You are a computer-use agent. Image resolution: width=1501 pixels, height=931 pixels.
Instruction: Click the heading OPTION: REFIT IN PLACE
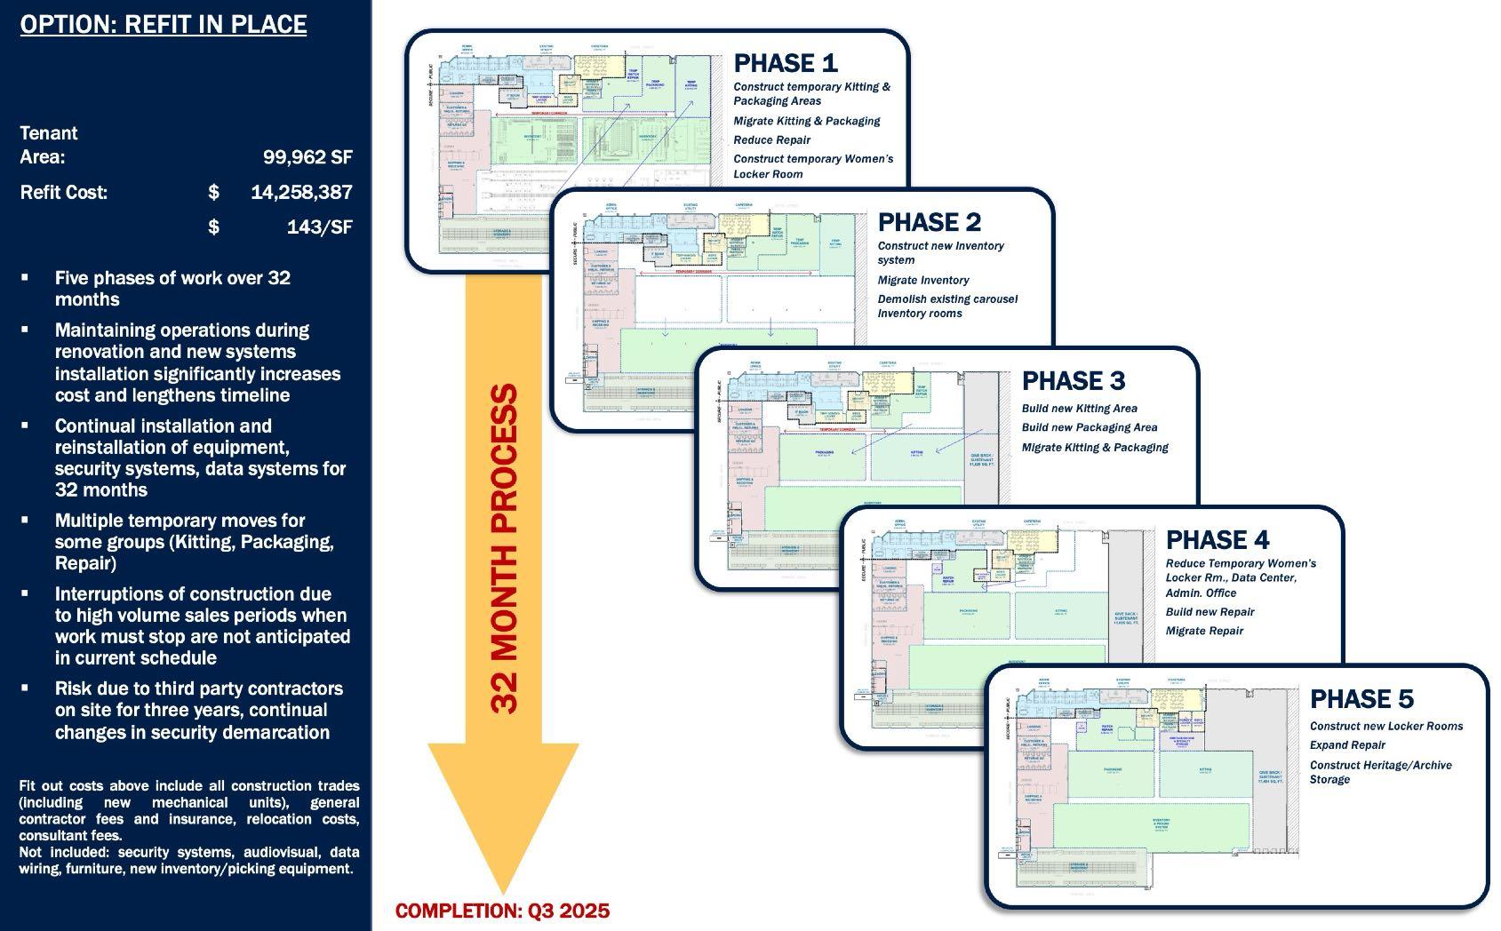(164, 24)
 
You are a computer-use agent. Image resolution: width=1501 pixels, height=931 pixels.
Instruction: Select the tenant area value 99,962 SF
(307, 157)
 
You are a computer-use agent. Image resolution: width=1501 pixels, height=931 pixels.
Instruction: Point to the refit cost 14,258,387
(301, 192)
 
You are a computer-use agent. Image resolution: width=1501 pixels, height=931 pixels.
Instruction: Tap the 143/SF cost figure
(319, 227)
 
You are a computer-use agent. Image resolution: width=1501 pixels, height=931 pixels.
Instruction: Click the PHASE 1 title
(786, 63)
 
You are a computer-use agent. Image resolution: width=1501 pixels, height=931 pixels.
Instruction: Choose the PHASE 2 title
(930, 222)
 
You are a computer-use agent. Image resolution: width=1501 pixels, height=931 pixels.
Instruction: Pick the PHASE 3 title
(1074, 381)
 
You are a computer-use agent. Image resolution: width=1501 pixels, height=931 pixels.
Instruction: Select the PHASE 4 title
(1218, 540)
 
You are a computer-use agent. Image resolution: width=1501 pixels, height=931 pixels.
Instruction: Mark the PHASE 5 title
(1361, 699)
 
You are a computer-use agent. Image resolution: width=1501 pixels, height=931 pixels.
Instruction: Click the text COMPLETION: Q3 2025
(502, 911)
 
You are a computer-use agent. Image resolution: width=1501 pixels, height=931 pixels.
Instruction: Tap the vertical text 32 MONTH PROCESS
(504, 548)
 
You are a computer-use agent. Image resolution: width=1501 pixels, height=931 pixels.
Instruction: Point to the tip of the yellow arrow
(503, 890)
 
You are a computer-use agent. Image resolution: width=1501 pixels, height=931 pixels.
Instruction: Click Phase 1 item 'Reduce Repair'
(771, 140)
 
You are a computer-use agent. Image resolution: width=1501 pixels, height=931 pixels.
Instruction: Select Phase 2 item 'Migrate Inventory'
(923, 280)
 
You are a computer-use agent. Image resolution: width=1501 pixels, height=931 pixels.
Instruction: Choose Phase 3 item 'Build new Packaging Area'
(1090, 427)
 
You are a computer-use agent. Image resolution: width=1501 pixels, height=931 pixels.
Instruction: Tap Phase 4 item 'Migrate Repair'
(1204, 631)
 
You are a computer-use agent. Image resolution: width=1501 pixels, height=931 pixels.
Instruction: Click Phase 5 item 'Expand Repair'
(1347, 745)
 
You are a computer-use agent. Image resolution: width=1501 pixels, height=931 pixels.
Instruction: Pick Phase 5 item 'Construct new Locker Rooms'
(1385, 726)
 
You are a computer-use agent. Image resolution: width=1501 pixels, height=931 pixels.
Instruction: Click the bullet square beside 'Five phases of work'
(25, 278)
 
